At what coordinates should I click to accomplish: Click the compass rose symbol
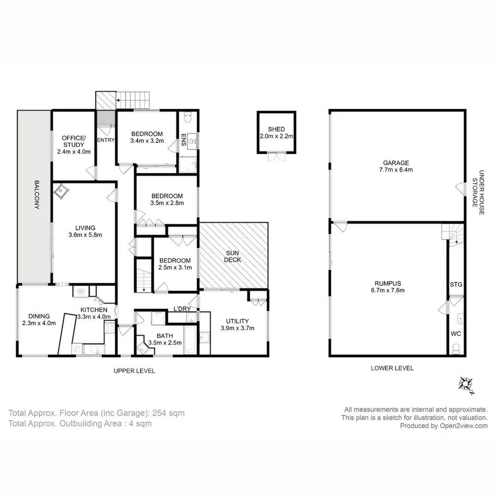[465, 385]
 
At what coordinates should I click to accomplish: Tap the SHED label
[276, 129]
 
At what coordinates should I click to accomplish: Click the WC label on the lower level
[456, 333]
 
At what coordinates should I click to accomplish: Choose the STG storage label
[456, 285]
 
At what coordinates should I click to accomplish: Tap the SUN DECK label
[233, 256]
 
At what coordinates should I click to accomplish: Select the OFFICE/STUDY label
[73, 141]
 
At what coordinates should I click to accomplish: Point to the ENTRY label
[106, 140]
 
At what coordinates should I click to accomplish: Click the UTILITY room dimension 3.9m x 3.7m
[237, 328]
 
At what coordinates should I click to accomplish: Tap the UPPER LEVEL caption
[134, 371]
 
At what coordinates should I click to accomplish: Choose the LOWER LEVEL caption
[392, 368]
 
